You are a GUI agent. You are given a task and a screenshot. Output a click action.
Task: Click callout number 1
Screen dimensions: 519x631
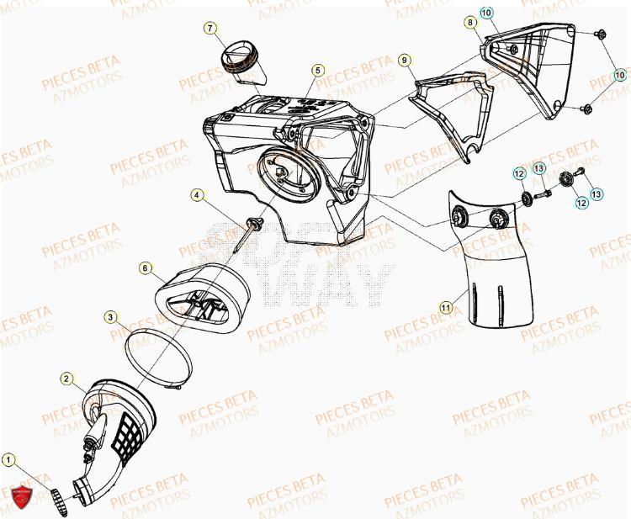[8, 460]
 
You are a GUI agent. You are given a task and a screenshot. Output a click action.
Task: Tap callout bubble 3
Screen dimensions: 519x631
[111, 317]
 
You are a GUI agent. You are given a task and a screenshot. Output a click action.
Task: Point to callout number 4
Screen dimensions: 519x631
[197, 195]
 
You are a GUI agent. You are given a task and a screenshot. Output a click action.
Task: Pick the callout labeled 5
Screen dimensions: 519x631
[318, 70]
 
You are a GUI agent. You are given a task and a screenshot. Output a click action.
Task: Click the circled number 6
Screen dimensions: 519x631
[146, 267]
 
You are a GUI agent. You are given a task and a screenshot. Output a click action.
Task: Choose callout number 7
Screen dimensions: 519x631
[209, 29]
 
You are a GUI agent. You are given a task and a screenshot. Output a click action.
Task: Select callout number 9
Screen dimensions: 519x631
[405, 60]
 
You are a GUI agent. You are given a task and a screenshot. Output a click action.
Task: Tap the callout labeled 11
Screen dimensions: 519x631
[447, 308]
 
